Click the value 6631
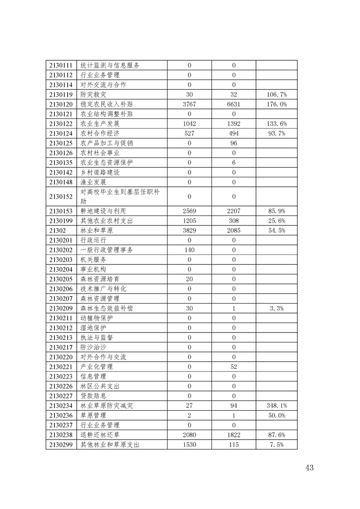click(x=234, y=104)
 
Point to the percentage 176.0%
click(x=276, y=104)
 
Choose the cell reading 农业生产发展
click(x=100, y=123)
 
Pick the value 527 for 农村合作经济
click(x=189, y=133)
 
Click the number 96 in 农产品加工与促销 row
click(x=234, y=143)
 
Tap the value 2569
click(x=189, y=211)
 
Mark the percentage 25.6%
click(x=276, y=221)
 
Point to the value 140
click(x=189, y=250)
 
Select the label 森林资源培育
click(x=100, y=279)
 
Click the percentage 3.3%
click(x=276, y=308)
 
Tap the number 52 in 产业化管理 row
click(x=234, y=367)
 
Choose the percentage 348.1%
click(x=276, y=406)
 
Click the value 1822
click(x=234, y=435)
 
